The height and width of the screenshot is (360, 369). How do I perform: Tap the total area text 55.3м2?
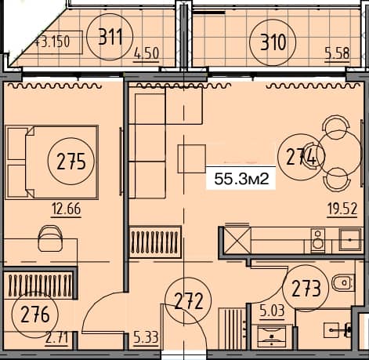[x=242, y=180]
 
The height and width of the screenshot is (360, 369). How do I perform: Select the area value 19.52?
[x=342, y=209]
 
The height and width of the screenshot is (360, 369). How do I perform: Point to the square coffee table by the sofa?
[x=191, y=158]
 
